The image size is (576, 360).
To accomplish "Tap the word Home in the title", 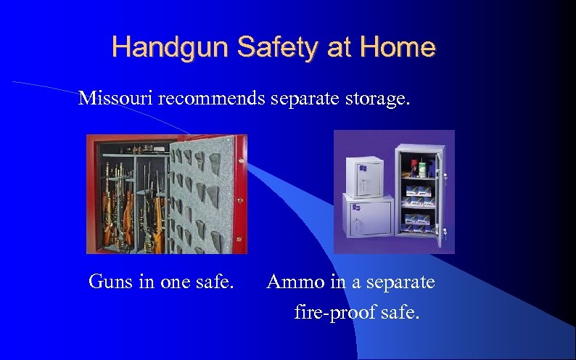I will (398, 48).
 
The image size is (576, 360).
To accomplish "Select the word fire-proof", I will (333, 314).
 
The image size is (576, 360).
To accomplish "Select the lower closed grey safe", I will (366, 221).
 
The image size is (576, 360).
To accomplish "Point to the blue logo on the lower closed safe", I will (355, 208).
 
